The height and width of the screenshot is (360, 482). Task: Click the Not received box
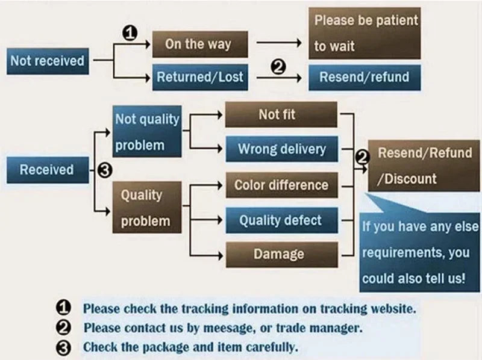coord(47,61)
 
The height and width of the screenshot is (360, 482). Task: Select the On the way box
coord(198,44)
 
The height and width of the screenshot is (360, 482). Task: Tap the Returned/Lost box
coord(199,76)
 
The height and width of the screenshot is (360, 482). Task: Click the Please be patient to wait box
coord(365,33)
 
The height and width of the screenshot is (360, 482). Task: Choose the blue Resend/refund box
coord(364,77)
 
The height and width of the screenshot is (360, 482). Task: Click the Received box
coord(46,170)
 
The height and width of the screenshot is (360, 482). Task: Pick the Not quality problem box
coord(147,132)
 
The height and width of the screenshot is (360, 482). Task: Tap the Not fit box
coord(281,114)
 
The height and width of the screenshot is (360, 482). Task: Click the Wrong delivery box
coord(281,149)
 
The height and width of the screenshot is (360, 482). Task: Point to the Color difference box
coord(281,185)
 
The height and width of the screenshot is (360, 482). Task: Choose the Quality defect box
coord(281,220)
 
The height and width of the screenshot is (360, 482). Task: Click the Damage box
coord(281,254)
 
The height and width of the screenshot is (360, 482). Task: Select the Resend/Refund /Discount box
coord(424,166)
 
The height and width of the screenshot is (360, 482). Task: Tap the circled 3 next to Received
coord(104,170)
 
